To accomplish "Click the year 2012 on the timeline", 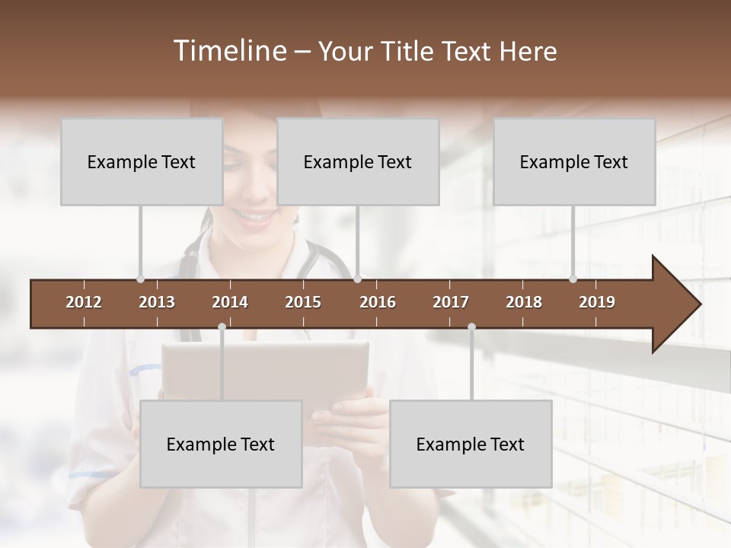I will [84, 302].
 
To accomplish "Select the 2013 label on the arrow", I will [157, 302].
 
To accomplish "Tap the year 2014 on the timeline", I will [230, 302].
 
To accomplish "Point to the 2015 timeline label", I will [303, 302].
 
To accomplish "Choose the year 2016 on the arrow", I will [378, 302].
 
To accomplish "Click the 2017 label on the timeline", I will [451, 302].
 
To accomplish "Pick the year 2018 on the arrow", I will [524, 302].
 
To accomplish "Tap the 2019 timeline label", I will [597, 302].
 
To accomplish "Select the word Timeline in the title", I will [229, 51].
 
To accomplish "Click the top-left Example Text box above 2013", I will [142, 161].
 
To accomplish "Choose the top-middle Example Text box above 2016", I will [358, 161].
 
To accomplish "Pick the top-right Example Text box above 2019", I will [574, 161].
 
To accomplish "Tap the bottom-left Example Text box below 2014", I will [221, 444].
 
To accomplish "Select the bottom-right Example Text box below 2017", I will [471, 444].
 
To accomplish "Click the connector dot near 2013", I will [140, 279].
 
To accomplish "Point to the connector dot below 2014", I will [222, 327].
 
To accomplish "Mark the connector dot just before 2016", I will [357, 279].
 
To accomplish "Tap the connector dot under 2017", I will [471, 327].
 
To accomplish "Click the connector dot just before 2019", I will [573, 279].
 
